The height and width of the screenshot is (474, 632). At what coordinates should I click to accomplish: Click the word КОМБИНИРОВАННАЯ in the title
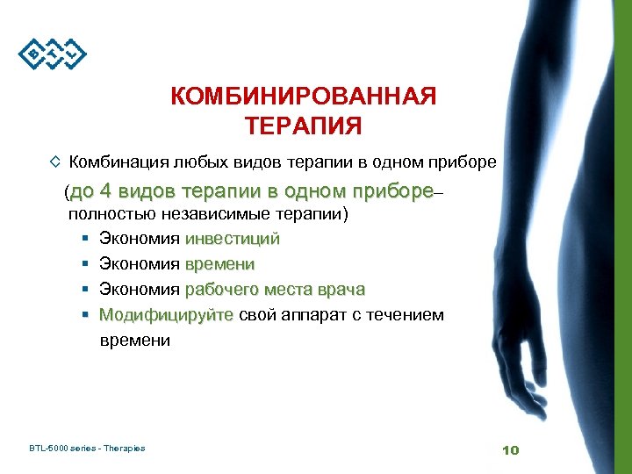pos(303,97)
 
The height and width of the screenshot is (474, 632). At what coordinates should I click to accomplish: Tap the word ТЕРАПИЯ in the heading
pos(303,126)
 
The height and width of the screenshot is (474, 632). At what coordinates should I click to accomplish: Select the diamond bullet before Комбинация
pos(55,162)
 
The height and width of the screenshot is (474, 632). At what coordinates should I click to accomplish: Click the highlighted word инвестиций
pos(232,239)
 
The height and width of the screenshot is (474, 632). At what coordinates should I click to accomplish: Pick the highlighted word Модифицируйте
pos(166,314)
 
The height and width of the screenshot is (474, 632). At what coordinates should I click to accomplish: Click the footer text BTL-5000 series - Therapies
pos(87,449)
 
